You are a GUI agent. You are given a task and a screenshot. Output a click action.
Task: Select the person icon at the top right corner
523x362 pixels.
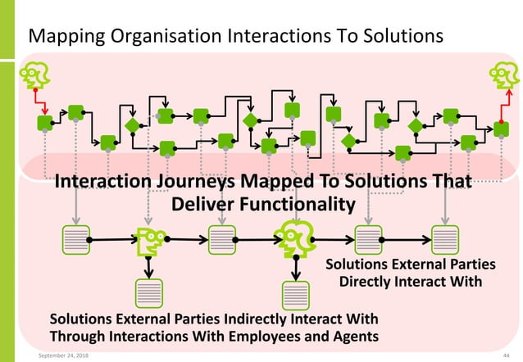click(x=500, y=77)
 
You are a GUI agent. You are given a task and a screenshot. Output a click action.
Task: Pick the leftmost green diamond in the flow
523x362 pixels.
click(x=131, y=125)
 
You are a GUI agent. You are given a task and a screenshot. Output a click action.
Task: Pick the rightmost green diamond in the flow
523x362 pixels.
click(x=416, y=125)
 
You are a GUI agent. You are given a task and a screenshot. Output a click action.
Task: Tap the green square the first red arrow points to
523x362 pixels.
click(x=45, y=123)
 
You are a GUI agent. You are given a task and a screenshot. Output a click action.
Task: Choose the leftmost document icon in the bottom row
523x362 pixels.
click(x=76, y=239)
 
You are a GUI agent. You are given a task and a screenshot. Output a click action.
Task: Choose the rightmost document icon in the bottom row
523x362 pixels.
click(x=445, y=239)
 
